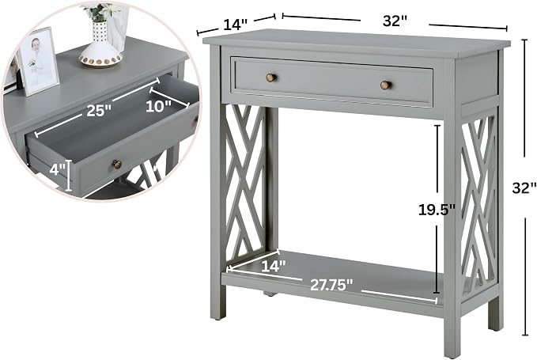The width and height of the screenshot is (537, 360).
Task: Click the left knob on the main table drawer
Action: click(271, 78)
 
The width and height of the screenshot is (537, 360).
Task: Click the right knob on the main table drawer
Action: click(385, 85)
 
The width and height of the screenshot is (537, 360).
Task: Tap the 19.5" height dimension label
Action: click(437, 210)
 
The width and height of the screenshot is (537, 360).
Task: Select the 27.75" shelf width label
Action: click(331, 285)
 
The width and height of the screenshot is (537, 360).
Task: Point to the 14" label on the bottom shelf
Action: click(274, 266)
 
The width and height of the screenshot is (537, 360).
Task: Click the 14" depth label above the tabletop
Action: click(235, 25)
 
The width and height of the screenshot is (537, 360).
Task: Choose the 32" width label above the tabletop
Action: click(395, 21)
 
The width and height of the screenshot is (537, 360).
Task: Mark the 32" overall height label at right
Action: click(524, 188)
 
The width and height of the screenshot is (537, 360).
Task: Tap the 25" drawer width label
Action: click(99, 111)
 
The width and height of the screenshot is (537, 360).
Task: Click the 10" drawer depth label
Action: click(158, 106)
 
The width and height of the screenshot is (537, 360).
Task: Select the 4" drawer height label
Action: click(57, 169)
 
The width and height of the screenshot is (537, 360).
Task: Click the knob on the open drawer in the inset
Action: click(118, 165)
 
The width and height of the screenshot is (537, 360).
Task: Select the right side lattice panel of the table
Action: click(478, 206)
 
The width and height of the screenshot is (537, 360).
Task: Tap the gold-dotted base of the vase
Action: click(100, 59)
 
